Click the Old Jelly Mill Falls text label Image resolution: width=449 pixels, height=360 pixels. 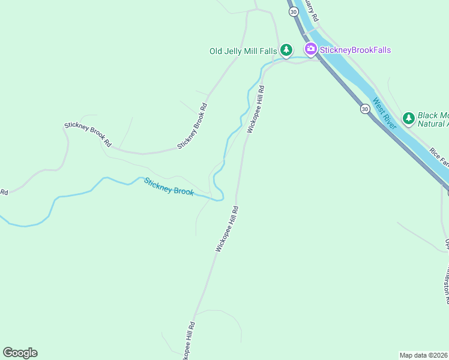coord(243,51)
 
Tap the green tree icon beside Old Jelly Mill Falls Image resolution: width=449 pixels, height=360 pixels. coord(287,50)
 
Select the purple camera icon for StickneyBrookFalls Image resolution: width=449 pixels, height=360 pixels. coord(310,49)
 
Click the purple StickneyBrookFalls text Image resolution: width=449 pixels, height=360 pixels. coord(355,50)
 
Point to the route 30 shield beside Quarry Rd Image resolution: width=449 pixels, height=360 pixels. coord(293,11)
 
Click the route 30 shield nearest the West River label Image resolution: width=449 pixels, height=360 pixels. coord(364,109)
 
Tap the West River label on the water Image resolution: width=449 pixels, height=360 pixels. coord(384,113)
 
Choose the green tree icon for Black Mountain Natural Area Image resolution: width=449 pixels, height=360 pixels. coord(409,118)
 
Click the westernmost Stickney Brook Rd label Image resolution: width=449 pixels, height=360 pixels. coord(88,135)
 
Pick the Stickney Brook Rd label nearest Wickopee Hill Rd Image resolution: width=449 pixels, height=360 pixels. coord(192,127)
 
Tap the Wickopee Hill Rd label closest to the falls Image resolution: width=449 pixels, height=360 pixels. coord(256,108)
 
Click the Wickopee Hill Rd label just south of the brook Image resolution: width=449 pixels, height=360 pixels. coord(227,229)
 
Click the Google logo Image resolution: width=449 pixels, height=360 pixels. coord(20,353)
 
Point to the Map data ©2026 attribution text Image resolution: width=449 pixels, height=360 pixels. coord(424,355)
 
